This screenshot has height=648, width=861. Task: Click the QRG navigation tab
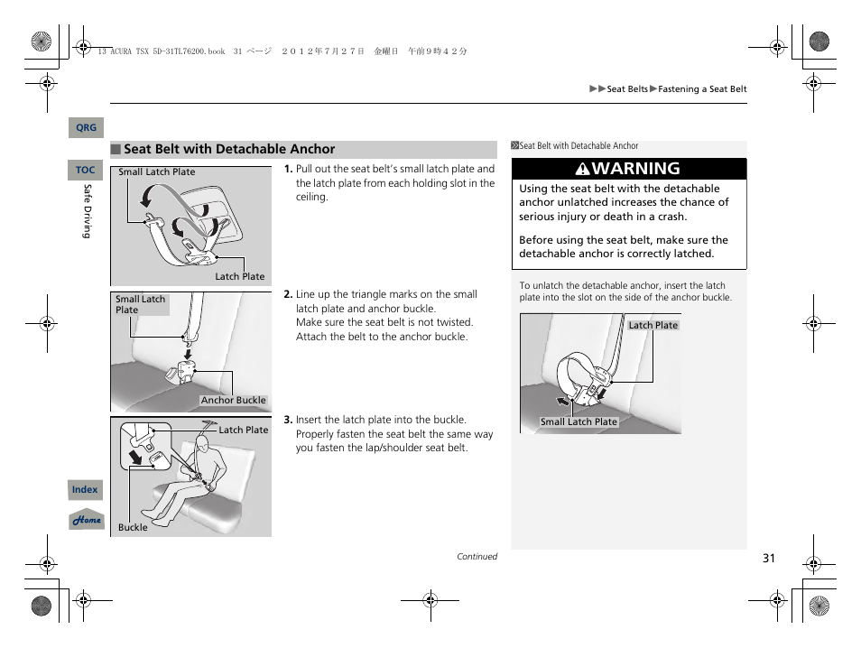86,128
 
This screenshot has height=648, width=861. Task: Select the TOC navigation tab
85,170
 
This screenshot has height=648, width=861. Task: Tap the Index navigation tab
85,490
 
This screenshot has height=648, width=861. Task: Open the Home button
87,520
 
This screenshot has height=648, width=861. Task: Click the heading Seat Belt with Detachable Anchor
229,150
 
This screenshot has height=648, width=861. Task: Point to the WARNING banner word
636,169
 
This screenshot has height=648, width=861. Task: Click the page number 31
768,558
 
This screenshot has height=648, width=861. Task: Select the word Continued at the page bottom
477,557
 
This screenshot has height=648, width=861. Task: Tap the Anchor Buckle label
233,401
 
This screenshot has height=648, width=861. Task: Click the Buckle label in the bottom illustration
133,527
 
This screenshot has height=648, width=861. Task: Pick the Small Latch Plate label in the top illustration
157,172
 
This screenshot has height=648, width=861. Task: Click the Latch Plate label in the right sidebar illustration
653,326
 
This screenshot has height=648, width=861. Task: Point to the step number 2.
288,294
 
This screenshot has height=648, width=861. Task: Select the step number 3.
288,420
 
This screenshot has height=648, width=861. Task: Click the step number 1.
288,169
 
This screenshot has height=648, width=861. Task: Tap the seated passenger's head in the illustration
203,444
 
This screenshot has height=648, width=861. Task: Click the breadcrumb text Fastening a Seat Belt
702,89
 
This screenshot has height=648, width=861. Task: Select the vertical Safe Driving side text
88,211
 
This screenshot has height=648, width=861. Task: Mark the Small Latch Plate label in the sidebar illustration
579,421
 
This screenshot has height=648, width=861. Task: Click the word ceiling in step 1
311,197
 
